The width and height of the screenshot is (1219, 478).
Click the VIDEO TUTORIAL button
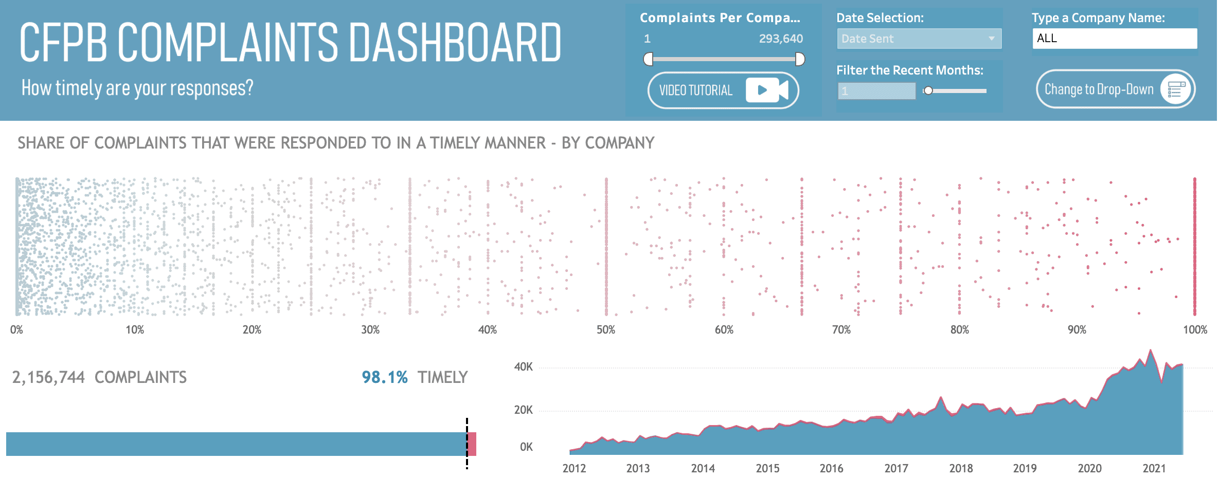pos(723,90)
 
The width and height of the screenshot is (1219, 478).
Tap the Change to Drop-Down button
pos(1115,89)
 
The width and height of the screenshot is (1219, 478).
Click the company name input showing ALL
pos(1114,39)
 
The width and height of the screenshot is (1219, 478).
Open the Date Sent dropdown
pos(919,39)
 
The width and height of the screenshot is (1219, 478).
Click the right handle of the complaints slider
pos(800,60)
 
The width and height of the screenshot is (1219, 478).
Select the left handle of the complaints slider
pos(649,60)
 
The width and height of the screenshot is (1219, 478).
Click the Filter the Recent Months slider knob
pos(928,91)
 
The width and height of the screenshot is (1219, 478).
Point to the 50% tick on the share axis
pos(606,330)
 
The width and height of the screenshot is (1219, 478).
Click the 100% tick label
pos(1195,330)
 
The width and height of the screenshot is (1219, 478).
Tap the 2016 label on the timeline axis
pos(831,468)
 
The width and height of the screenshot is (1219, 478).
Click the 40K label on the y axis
pos(523,367)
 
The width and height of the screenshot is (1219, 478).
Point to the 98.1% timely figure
pos(385,377)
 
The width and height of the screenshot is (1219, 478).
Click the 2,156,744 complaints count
pos(48,377)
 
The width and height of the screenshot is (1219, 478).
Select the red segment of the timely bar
pos(472,444)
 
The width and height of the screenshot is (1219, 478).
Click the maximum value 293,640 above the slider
pos(780,39)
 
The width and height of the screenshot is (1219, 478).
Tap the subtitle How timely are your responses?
pos(137,88)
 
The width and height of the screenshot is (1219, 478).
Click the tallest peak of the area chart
pos(1150,351)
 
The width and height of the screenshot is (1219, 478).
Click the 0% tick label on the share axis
pos(16,330)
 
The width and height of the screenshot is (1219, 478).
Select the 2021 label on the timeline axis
pos(1154,468)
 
